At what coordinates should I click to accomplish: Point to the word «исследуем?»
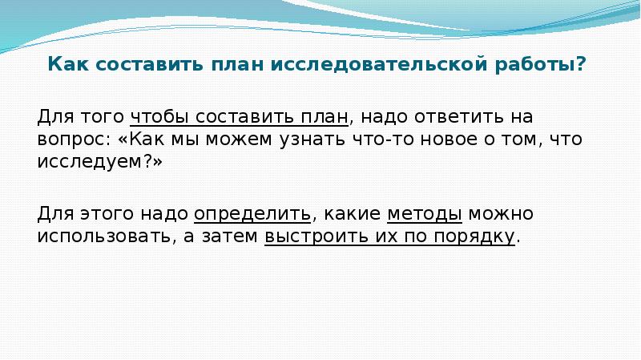(99, 161)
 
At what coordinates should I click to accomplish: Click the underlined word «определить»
(252, 215)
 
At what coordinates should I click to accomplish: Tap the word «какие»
(349, 215)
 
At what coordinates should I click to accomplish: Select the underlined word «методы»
(424, 215)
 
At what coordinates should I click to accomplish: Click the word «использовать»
(102, 237)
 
